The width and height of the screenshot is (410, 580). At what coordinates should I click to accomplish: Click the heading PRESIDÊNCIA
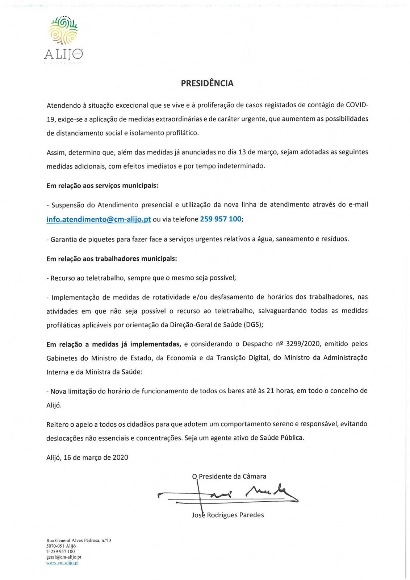pyautogui.click(x=207, y=83)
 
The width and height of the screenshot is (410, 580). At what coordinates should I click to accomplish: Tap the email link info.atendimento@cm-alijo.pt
pyautogui.click(x=99, y=219)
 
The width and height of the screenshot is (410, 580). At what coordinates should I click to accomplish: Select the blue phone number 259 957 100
pyautogui.click(x=221, y=219)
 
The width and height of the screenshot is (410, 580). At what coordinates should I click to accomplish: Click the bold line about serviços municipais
pyautogui.click(x=102, y=186)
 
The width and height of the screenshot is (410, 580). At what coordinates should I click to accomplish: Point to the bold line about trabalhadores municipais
pyautogui.click(x=112, y=259)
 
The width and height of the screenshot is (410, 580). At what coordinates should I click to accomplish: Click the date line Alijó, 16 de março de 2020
pyautogui.click(x=87, y=457)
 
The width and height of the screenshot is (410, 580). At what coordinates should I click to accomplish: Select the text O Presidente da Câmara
pyautogui.click(x=229, y=476)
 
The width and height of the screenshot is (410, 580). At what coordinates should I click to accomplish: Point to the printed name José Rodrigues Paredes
pyautogui.click(x=228, y=515)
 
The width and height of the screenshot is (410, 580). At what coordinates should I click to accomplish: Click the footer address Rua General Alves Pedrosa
pyautogui.click(x=79, y=540)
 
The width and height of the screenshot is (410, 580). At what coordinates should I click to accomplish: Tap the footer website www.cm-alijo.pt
pyautogui.click(x=62, y=563)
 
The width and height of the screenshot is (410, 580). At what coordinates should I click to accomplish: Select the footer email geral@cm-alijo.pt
pyautogui.click(x=64, y=557)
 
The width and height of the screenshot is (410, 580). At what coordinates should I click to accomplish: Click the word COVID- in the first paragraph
pyautogui.click(x=357, y=105)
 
